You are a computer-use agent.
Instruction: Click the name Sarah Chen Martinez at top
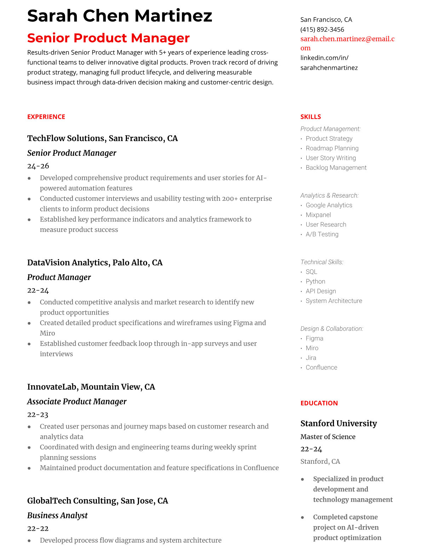pos(120,16)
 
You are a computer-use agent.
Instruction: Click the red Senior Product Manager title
pos(108,38)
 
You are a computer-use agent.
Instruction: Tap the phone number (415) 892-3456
pos(322,29)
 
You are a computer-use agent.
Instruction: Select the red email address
pos(347,39)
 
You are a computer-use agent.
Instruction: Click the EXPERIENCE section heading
pos(46,117)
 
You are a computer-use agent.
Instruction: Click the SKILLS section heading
pos(311,117)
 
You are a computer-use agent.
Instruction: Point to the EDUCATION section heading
pos(319,403)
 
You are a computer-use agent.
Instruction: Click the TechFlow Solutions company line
pos(102,138)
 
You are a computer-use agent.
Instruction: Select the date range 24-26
pos(38,166)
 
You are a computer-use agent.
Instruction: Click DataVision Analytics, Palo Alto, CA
pos(95,262)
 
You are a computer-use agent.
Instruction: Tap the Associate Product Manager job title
pos(77,402)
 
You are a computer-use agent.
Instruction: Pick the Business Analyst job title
pos(57,515)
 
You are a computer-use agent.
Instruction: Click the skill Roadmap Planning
pos(332,148)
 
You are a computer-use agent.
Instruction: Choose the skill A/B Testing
pos(322,234)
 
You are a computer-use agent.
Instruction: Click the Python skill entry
pos(315,281)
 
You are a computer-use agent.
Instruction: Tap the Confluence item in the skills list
pos(321,367)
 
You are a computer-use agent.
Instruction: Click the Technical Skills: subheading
pos(322,262)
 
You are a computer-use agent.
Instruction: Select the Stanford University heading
pos(339,423)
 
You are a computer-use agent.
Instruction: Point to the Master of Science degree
pos(328,437)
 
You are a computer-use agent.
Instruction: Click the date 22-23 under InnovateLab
pos(38,414)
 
